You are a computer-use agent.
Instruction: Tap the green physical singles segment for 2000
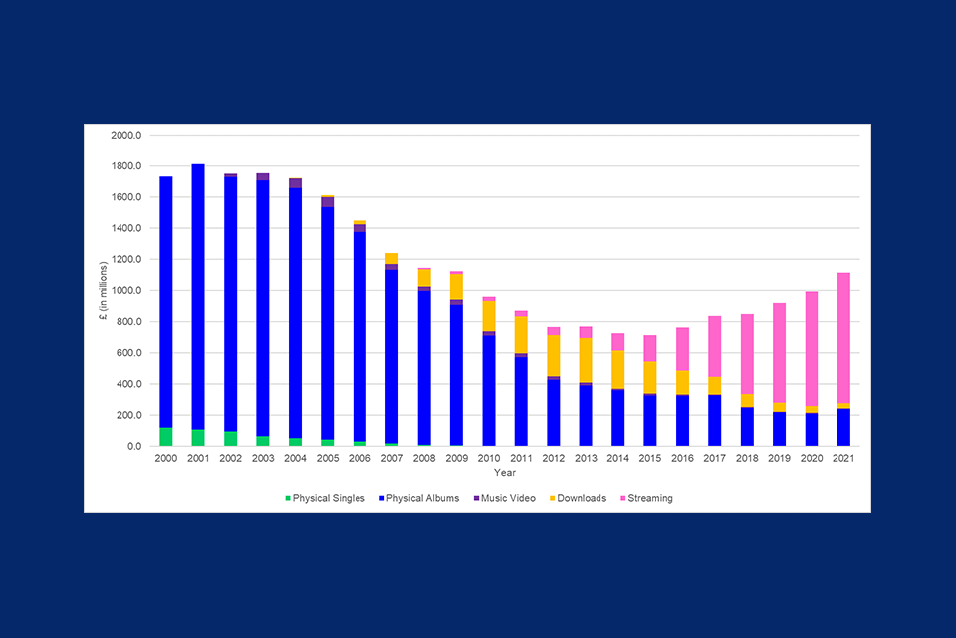pos(166,437)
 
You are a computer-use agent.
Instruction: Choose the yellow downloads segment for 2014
pos(617,369)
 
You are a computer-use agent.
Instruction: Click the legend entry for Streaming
pos(645,498)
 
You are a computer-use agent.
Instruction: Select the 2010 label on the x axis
pos(488,459)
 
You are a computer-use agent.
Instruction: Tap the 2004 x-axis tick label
pos(295,459)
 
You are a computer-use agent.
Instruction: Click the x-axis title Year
pos(505,472)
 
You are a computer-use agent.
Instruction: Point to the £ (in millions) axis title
pos(102,290)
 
